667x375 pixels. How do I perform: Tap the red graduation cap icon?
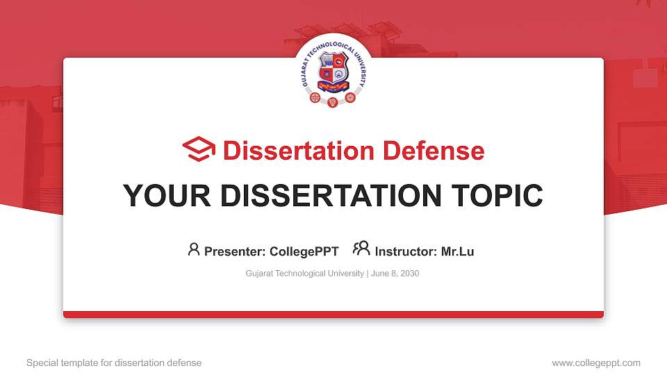(x=199, y=150)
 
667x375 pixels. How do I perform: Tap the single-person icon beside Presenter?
(x=194, y=249)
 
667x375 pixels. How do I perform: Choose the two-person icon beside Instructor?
(x=361, y=249)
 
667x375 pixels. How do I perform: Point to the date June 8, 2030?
(x=395, y=274)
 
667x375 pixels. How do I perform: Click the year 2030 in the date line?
(x=409, y=274)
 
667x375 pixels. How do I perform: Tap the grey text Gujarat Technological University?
(x=304, y=274)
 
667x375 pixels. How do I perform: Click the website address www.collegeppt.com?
(x=595, y=362)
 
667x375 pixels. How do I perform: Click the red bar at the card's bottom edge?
(x=333, y=315)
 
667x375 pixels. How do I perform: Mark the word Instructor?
(x=401, y=251)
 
